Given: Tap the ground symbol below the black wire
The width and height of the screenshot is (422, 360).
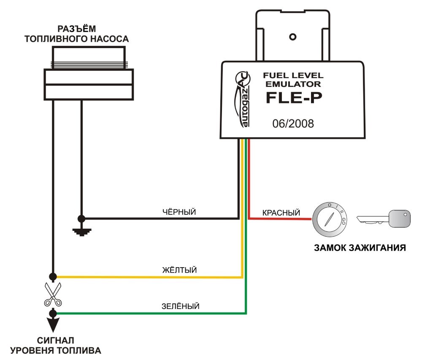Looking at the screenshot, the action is (82, 232).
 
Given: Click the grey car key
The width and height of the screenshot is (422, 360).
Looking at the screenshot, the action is (384, 219).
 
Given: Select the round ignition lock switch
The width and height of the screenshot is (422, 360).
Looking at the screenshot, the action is (330, 219).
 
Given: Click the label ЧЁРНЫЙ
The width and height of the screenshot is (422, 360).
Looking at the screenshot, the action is (179, 212).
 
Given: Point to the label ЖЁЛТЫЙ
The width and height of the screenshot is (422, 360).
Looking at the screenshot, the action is (179, 270).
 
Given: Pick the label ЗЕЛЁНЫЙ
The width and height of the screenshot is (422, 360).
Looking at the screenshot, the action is (180, 306).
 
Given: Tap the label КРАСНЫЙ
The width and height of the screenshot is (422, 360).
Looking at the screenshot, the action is (281, 213).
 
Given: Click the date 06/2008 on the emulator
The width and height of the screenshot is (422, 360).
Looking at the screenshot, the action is (293, 124).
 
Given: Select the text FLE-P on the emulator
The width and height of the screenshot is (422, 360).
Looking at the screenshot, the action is (294, 97).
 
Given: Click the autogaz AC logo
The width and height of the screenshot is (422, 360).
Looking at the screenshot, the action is (243, 99).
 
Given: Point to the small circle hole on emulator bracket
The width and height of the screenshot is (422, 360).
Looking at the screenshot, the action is (292, 37).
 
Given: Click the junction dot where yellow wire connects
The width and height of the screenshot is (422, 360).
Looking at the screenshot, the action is (53, 276).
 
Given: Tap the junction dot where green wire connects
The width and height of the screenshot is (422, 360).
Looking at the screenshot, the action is (53, 314).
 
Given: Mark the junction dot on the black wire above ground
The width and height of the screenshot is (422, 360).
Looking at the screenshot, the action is (81, 219).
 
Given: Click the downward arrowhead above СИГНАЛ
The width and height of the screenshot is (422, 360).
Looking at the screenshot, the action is (53, 325).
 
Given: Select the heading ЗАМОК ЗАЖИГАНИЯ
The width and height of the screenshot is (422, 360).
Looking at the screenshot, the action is (360, 248).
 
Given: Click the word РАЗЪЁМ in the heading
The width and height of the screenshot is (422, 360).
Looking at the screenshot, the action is (77, 29).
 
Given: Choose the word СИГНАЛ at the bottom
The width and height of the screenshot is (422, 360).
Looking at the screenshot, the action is (55, 340).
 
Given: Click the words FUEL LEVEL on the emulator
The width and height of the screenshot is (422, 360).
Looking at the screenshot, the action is (293, 76).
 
